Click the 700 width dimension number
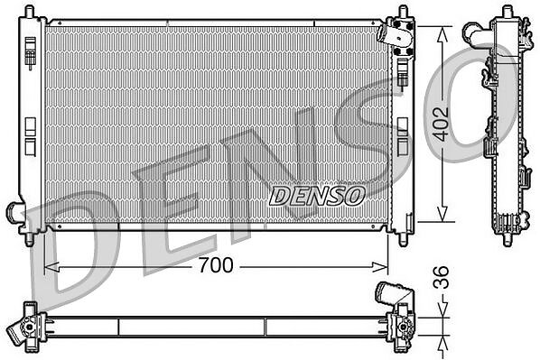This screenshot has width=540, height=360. pos(216,265)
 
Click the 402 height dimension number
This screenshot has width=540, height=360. pos(441,125)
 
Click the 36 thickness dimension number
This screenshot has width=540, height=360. pos(442,277)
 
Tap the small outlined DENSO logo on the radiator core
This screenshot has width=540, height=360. pos(317,196)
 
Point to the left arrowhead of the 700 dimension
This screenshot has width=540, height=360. pos(51,266)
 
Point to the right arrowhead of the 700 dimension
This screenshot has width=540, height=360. pos(380,266)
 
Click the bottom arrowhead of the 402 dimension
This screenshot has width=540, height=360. pos(442,214)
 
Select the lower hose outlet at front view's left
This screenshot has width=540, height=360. pos(14,211)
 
